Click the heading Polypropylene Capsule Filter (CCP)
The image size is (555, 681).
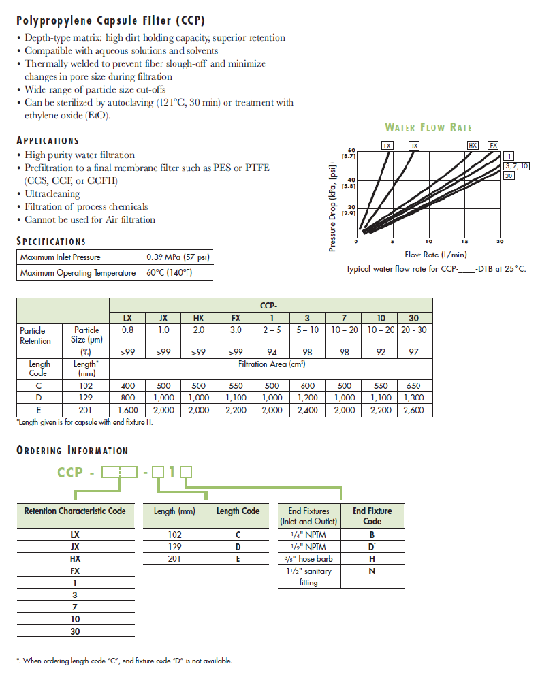click(110, 20)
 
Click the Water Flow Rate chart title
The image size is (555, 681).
click(428, 127)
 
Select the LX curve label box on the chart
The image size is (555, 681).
click(387, 146)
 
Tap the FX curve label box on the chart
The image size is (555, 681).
click(494, 146)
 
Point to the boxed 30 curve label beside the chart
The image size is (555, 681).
click(509, 176)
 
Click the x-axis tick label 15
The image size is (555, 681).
click(464, 242)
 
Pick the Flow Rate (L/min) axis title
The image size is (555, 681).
click(436, 255)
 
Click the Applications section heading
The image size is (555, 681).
click(48, 140)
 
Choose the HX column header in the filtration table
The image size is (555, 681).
click(198, 318)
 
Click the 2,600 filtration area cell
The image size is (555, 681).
click(415, 411)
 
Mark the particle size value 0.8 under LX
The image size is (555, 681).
click(127, 330)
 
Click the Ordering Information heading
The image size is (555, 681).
click(72, 450)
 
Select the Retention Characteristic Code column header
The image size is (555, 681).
click(75, 511)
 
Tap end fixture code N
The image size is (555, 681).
click(372, 571)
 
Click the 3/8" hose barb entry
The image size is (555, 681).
click(308, 559)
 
